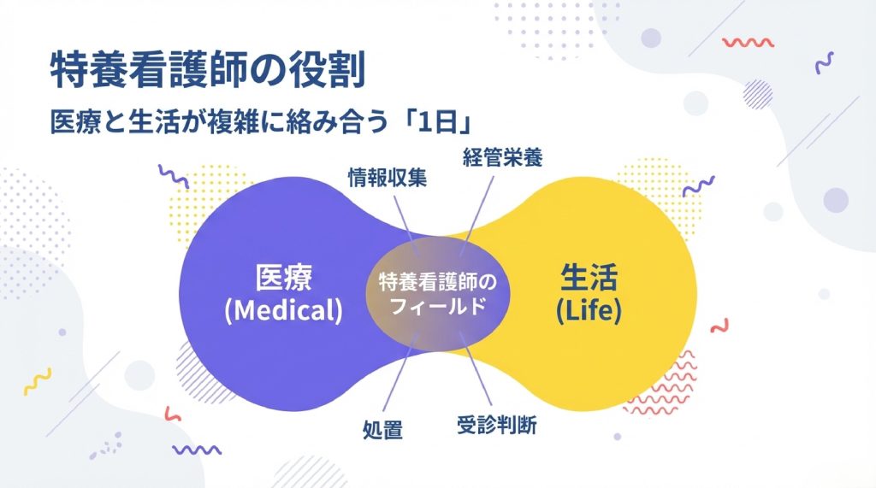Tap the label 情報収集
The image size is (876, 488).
coord(387,177)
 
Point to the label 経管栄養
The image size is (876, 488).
coord(503,157)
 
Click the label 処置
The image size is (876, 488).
coord(379,428)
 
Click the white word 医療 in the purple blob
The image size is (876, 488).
coord(283,277)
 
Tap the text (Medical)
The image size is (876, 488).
coord(283,310)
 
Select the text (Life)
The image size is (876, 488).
coord(589,310)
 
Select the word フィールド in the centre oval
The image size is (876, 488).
coord(437,304)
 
